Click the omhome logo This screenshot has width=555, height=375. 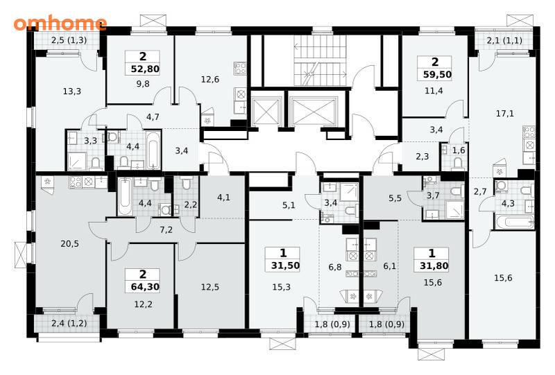pos(60,24)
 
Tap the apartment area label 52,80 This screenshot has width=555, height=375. pos(145,69)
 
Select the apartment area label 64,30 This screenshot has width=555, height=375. pos(145,286)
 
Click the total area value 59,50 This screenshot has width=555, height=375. pos(438,75)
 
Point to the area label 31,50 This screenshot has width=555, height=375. pos(286,265)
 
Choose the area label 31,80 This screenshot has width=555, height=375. pos(434,265)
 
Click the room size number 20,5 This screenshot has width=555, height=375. pos(70,244)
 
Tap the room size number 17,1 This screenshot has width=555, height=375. pos(505,114)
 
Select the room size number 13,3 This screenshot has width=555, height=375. pos(72,91)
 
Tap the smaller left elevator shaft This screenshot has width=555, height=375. pos(266,112)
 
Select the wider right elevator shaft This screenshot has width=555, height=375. pos(314,112)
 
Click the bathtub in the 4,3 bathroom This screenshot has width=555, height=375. pos(514,223)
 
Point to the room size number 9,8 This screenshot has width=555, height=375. pos(143,84)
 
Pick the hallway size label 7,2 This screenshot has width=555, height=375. pos(166,230)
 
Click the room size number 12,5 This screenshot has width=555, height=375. pos(210,287)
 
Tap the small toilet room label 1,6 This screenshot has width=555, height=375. pos(459,150)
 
